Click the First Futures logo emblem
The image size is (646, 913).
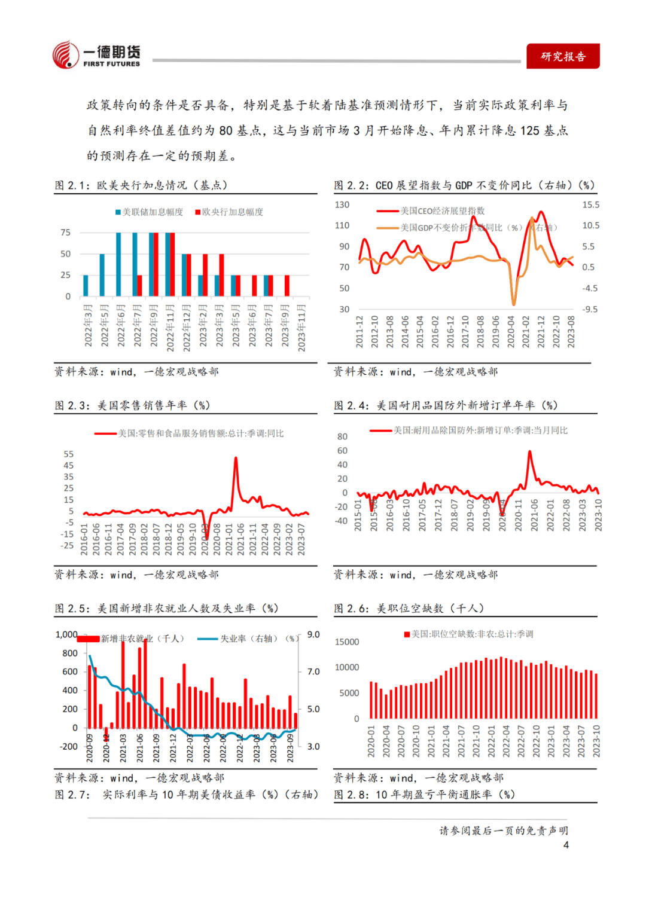coord(66,56)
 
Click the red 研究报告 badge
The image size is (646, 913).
coord(562,57)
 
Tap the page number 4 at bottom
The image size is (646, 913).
coord(566,845)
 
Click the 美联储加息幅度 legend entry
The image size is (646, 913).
coord(149,212)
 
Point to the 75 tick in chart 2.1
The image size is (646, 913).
coord(66,233)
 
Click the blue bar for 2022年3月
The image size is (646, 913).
coord(86,286)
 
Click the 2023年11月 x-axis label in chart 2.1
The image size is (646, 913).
coord(301,328)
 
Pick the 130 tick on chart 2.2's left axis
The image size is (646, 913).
coord(342,204)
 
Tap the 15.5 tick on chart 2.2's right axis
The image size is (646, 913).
coord(590,204)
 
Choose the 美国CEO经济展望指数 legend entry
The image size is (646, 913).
coord(431,211)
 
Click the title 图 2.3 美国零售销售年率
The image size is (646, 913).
coord(132,405)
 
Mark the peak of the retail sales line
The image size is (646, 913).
coord(236,458)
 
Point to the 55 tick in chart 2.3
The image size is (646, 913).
coord(69,454)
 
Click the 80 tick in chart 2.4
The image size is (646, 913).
coord(342,436)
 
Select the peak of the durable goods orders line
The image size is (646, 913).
coord(530,451)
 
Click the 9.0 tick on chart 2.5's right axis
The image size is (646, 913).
coord(313,634)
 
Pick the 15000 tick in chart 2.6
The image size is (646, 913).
coord(347,642)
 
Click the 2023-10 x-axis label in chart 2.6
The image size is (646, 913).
coord(596,741)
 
